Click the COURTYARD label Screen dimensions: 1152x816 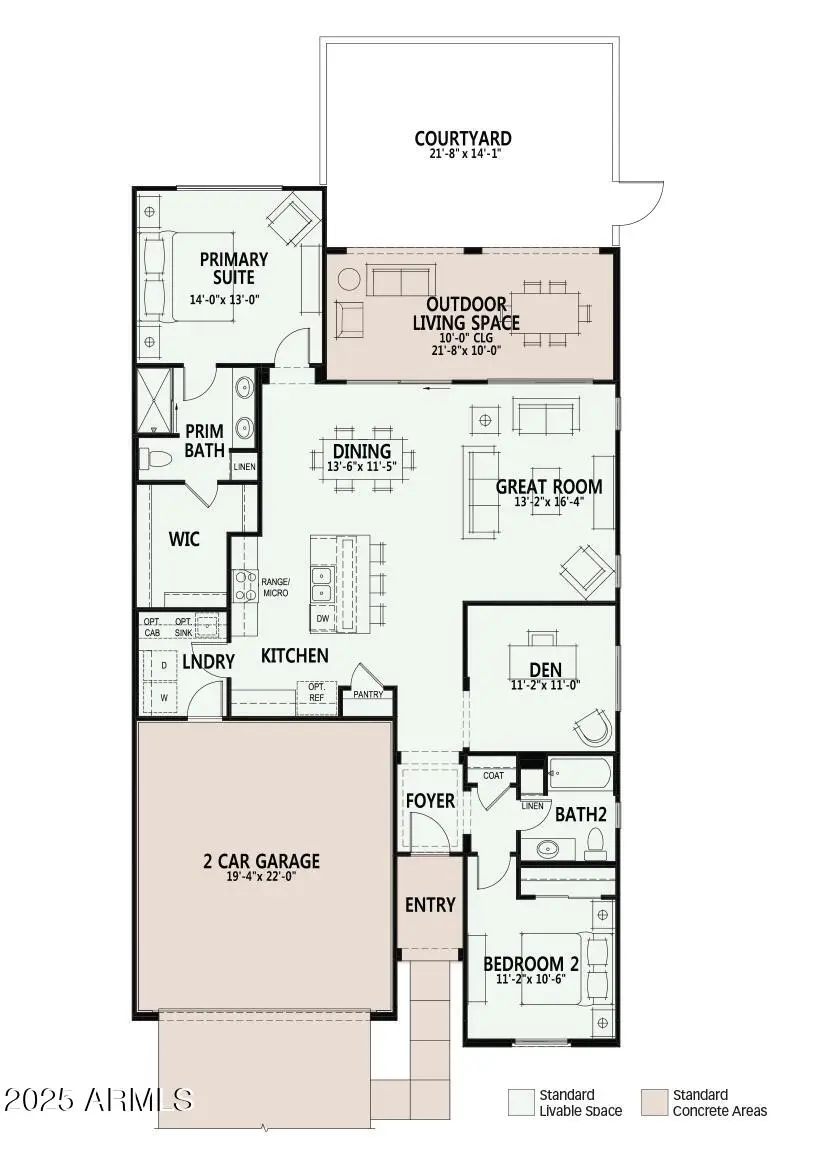463,138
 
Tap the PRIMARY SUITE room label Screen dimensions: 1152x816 233,268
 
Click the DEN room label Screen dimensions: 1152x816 545,669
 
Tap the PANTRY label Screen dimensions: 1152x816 367,694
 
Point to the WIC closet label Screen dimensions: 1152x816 184,540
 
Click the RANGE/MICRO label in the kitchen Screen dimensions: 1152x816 275,587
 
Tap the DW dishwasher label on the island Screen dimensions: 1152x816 322,619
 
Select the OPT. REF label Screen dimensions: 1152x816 316,692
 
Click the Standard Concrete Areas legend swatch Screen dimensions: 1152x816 655,1101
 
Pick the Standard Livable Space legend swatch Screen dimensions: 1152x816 521,1101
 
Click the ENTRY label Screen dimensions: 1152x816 430,904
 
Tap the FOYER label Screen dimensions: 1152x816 430,801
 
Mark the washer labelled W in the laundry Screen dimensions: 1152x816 164,695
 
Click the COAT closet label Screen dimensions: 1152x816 493,775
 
